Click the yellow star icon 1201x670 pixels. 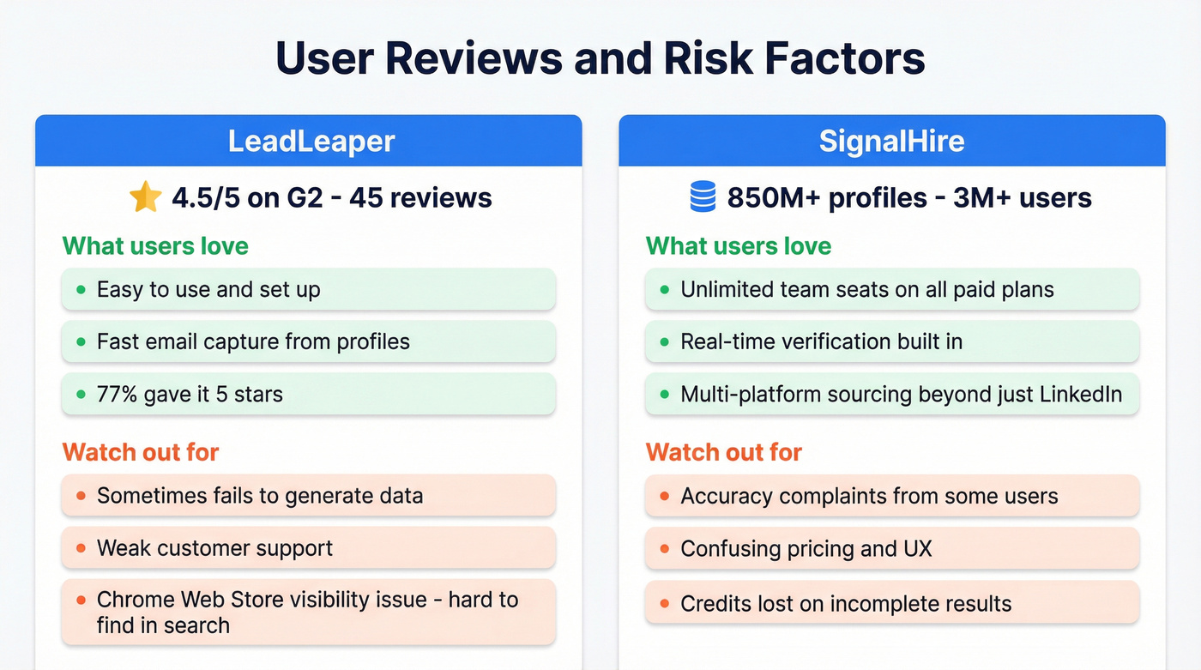tap(145, 197)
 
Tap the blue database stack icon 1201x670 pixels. tap(703, 197)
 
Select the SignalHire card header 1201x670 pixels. tap(891, 141)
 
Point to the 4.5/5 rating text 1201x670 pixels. tap(206, 198)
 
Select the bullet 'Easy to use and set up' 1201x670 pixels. tap(208, 290)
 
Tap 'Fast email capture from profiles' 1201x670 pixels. tap(253, 342)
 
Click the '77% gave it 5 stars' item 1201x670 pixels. tap(190, 395)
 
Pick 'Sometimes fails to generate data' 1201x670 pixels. tap(259, 496)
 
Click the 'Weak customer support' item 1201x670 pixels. tap(214, 548)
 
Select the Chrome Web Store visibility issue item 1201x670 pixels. tap(307, 612)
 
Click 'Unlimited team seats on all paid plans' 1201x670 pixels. tap(866, 290)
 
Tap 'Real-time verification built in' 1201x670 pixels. tap(821, 342)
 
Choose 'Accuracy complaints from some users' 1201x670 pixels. tap(869, 496)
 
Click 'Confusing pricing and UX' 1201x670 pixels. tap(806, 548)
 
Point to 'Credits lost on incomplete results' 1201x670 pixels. tap(846, 604)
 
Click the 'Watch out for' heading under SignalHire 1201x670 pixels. tap(723, 452)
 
